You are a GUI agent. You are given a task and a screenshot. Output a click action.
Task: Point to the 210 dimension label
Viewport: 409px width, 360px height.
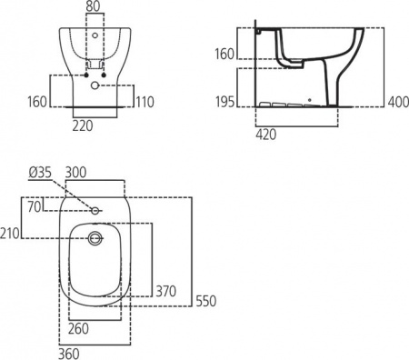point(10,234)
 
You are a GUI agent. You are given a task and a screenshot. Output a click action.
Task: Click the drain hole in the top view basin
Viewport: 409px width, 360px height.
point(94,239)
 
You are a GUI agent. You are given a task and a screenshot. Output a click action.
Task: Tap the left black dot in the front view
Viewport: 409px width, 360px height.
point(85,74)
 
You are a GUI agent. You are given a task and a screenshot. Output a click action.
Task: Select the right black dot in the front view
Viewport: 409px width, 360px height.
point(106,74)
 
